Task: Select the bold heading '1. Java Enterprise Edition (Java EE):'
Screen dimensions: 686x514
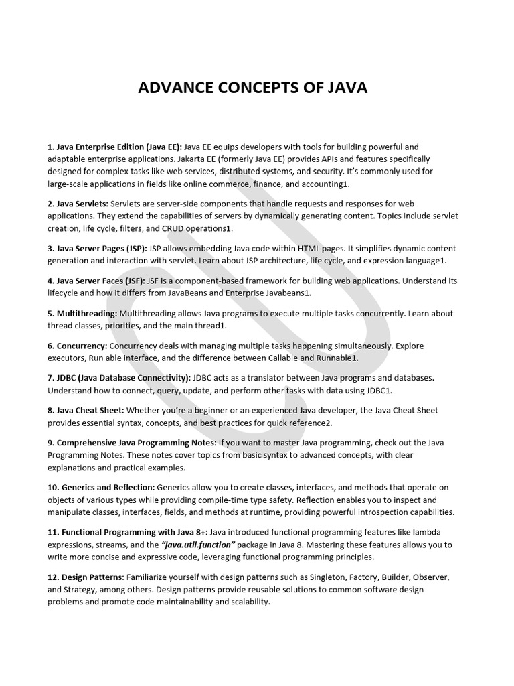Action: pyautogui.click(x=114, y=147)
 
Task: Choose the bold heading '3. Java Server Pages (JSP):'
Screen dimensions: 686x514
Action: pyautogui.click(x=96, y=247)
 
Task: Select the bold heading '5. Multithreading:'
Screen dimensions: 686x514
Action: pyautogui.click(x=82, y=313)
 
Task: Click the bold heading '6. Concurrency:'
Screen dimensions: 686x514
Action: pyautogui.click(x=77, y=345)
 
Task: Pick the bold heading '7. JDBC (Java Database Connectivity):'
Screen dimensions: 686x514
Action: pyautogui.click(x=119, y=377)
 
